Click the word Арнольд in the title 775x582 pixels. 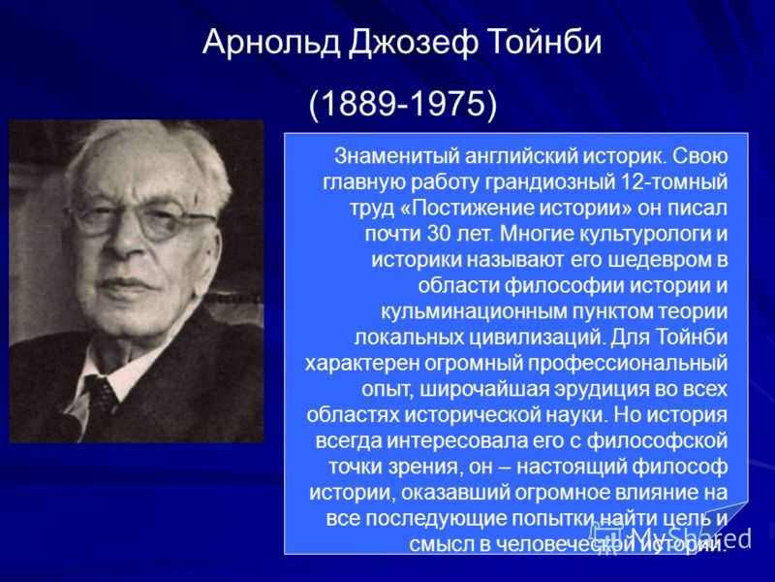271,42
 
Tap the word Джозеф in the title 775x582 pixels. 414,43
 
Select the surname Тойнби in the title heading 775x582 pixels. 544,42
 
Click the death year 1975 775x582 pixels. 448,104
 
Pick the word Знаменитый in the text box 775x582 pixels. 396,156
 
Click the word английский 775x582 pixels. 521,156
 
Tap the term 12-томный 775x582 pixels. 673,181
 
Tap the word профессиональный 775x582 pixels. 628,363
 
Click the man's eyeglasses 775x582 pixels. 143,219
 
